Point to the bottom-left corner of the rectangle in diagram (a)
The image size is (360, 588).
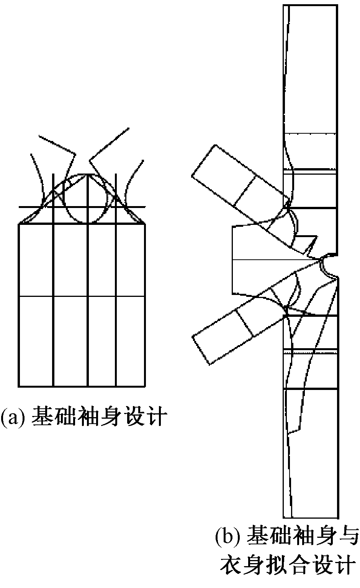pyautogui.click(x=19, y=386)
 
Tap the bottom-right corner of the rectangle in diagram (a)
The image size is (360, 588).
pyautogui.click(x=145, y=386)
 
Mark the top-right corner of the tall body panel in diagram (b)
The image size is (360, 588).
pyautogui.click(x=337, y=5)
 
